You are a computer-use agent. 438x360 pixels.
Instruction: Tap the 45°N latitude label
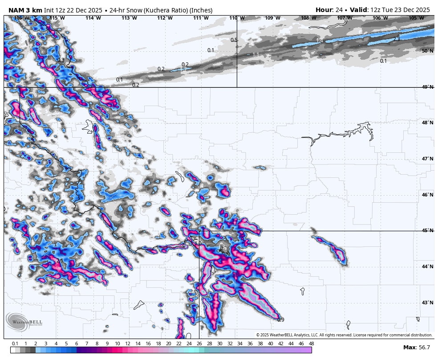(x=427, y=230)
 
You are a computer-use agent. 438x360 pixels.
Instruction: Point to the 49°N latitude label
(x=427, y=87)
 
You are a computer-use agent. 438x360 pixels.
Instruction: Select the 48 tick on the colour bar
(x=311, y=344)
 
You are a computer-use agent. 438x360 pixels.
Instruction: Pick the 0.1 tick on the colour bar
(x=15, y=344)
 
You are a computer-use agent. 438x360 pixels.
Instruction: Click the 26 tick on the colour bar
(x=199, y=344)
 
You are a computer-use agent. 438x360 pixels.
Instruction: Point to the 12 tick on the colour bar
(x=128, y=344)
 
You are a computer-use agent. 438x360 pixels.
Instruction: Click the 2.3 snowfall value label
(x=396, y=39)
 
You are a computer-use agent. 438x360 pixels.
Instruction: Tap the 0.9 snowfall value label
(x=280, y=320)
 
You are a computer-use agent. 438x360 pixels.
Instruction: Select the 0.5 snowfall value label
(x=234, y=40)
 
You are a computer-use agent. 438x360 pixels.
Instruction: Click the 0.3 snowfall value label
(x=61, y=60)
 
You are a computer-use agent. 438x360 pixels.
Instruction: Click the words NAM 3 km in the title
(x=25, y=10)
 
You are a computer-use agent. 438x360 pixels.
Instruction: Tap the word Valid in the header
(x=358, y=10)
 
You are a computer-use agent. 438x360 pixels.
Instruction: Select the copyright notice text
(x=344, y=335)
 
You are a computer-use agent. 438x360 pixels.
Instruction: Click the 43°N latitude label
(x=427, y=303)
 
